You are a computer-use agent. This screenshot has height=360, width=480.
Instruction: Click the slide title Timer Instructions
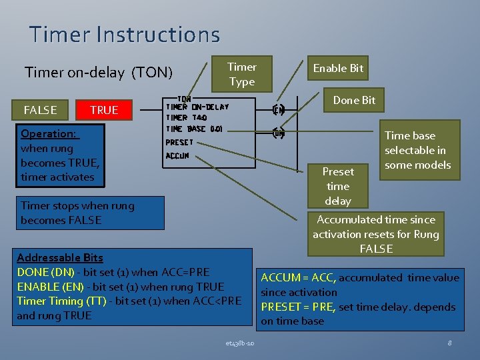(x=124, y=34)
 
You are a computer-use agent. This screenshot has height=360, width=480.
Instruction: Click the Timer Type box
(x=241, y=74)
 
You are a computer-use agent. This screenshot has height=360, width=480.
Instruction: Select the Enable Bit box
(x=338, y=68)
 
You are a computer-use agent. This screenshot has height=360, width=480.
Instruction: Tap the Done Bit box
(x=354, y=101)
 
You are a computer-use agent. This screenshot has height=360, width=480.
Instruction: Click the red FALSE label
(x=40, y=110)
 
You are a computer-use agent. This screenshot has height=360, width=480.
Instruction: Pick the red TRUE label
(x=103, y=110)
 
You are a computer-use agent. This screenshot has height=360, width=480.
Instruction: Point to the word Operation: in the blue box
(x=49, y=133)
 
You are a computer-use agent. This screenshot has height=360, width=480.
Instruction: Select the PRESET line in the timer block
(x=179, y=143)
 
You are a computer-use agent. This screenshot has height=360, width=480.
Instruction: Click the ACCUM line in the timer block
(x=177, y=156)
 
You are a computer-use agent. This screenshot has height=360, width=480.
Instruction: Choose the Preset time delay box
(x=337, y=186)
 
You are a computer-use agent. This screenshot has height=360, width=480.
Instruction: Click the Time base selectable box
(x=417, y=150)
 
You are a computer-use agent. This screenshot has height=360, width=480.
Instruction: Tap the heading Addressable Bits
(x=60, y=257)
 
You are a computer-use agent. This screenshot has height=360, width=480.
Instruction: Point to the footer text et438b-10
(x=239, y=343)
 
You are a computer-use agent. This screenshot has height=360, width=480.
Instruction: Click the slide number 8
(x=450, y=343)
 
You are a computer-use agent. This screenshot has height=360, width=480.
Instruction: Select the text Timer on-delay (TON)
(x=98, y=72)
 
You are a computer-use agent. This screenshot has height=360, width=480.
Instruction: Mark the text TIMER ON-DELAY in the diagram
(x=197, y=107)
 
